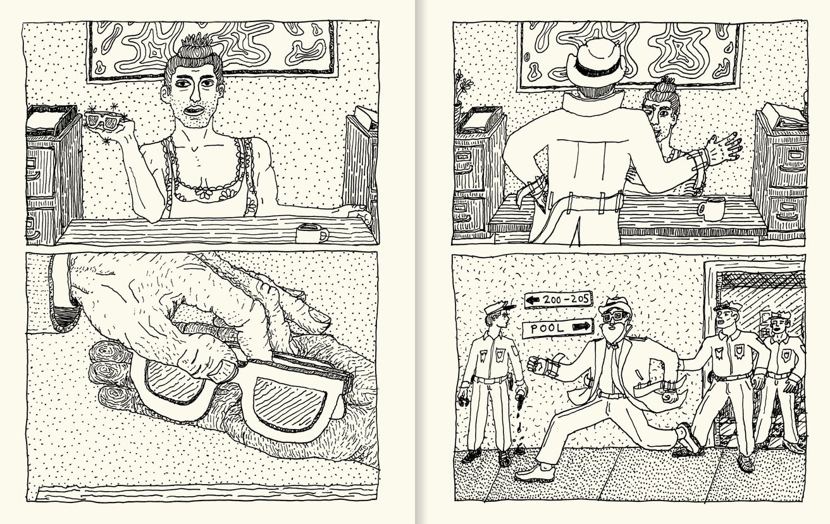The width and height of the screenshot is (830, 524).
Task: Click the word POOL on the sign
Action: [x=547, y=328]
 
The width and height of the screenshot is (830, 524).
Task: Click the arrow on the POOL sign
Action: [x=579, y=327]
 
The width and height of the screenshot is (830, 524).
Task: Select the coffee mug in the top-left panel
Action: [x=311, y=233]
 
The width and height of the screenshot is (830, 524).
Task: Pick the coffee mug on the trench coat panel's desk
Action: [x=713, y=208]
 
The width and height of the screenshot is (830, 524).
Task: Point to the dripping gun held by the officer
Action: [x=519, y=402]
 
